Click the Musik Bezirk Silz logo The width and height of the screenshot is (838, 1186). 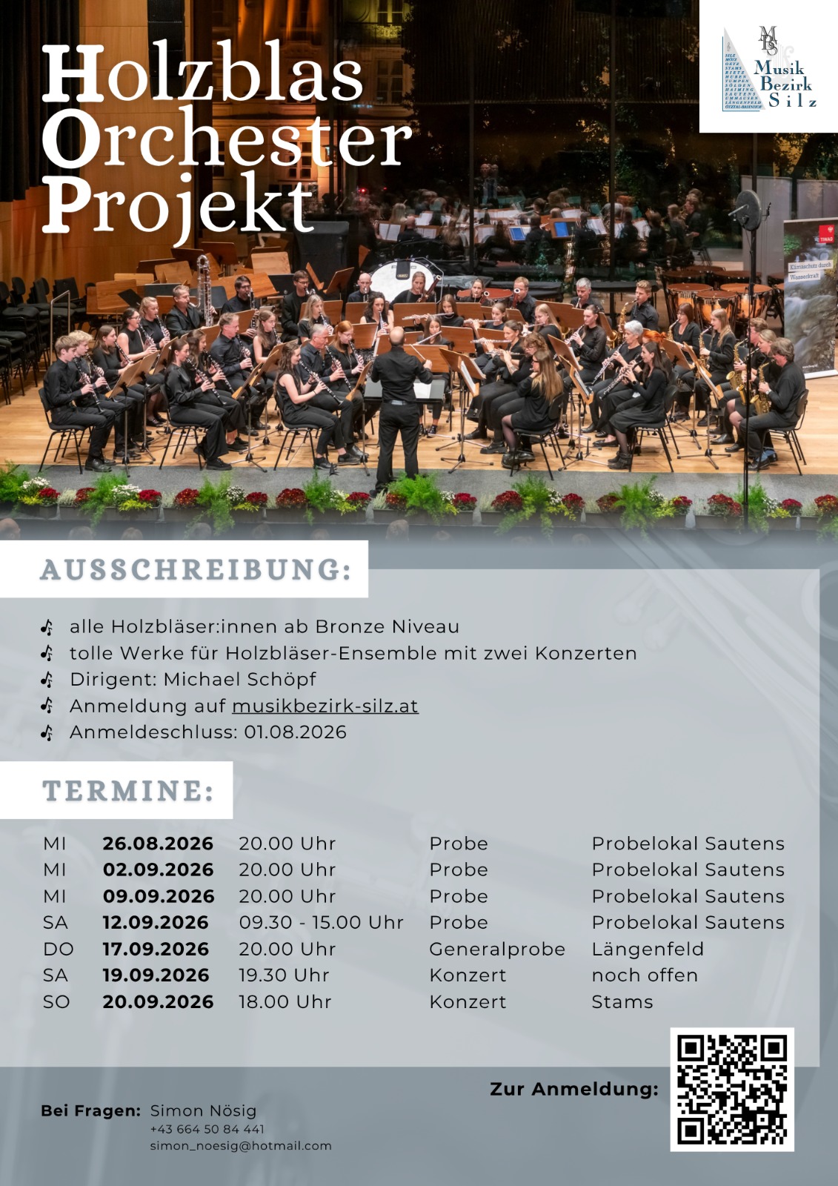[x=769, y=69]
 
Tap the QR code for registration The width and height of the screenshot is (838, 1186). [x=732, y=1089]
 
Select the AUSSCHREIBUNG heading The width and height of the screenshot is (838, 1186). [x=196, y=569]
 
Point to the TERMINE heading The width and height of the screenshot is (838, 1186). [x=127, y=790]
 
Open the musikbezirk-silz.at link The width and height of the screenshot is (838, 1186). [x=325, y=706]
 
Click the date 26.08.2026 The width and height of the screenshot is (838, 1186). [x=158, y=844]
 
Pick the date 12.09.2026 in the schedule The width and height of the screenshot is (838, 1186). [x=156, y=922]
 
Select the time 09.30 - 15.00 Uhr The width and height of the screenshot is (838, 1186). [x=321, y=922]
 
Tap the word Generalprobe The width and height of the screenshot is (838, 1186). [x=497, y=949]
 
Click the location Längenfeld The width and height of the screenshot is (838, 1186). [x=648, y=949]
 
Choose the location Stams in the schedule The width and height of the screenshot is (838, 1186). [x=622, y=1001]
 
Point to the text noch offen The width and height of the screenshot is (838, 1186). [x=645, y=975]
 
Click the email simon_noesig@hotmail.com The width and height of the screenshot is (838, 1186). [x=241, y=1145]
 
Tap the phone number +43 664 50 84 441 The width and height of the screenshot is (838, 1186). [x=207, y=1129]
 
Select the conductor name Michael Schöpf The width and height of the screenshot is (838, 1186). [x=239, y=679]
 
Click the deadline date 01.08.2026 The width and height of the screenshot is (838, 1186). [x=295, y=732]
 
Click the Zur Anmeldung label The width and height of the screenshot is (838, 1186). [x=574, y=1089]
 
